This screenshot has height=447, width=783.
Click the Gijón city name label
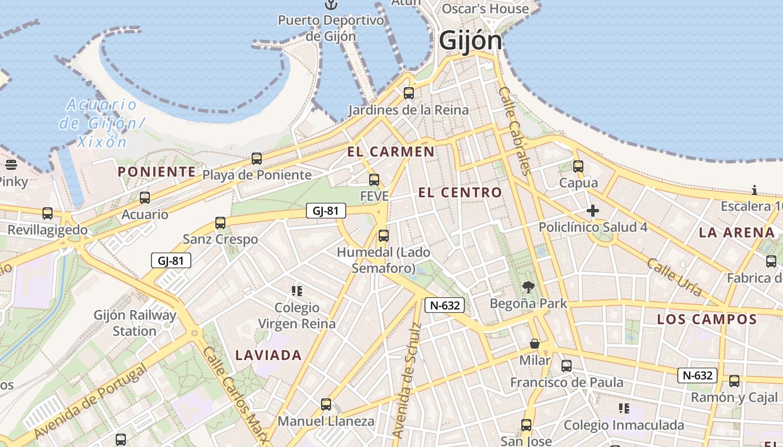click(470, 41)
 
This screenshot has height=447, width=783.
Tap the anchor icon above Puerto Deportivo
click(332, 4)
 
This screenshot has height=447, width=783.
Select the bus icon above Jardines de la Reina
click(409, 93)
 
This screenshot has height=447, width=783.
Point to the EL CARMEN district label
click(390, 151)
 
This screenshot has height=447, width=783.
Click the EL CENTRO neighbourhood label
click(460, 193)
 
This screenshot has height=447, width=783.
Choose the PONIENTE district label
click(157, 172)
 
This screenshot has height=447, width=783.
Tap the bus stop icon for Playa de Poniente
click(257, 159)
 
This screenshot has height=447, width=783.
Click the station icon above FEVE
click(374, 180)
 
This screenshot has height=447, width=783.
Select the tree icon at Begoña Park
click(528, 288)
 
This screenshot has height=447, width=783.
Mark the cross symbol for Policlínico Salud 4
click(593, 211)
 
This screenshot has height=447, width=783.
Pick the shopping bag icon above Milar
click(535, 344)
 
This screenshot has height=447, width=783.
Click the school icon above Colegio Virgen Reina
click(297, 291)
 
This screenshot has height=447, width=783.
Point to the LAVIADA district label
click(268, 355)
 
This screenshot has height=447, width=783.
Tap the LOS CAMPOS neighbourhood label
click(706, 320)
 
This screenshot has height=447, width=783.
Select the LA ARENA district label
click(737, 232)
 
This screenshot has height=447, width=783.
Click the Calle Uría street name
click(674, 276)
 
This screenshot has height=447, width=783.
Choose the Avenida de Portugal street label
click(90, 401)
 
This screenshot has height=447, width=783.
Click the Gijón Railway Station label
click(135, 323)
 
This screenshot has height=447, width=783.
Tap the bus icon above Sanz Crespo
click(220, 223)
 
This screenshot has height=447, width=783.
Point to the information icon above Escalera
click(754, 191)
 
